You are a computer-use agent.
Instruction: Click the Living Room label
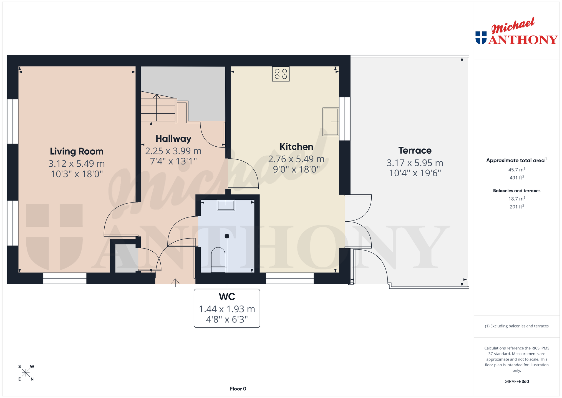77,151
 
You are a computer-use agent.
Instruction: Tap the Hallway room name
173,139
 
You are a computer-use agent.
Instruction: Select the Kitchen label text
296,147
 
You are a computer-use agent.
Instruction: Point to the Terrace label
415,151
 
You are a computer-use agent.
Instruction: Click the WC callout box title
227,297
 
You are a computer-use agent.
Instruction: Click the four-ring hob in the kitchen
281,74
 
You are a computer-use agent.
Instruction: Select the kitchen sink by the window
331,122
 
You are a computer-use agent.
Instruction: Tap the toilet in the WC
218,260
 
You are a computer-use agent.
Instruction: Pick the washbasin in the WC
226,206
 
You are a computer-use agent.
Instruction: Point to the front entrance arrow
175,282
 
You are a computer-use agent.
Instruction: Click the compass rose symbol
26,373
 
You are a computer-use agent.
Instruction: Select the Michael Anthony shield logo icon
481,38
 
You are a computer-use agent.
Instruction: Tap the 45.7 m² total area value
517,169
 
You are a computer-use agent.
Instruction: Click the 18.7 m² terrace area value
517,199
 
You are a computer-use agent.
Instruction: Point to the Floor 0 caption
238,389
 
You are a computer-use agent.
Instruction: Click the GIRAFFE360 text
517,382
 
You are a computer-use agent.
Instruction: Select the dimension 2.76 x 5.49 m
296,159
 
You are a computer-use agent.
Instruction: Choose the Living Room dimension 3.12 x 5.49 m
77,164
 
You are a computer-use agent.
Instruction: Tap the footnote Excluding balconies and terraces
517,326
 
